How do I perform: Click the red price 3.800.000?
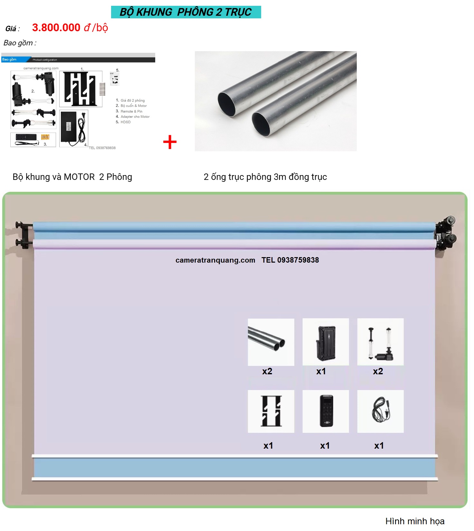coord(56,28)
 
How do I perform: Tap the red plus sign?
coord(170,142)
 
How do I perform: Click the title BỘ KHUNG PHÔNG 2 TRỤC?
coord(186,12)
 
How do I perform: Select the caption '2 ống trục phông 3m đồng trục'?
coord(265,177)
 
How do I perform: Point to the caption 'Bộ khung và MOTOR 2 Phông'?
coord(72,177)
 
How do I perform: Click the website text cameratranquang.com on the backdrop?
coord(215,260)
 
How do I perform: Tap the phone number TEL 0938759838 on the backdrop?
coord(290,260)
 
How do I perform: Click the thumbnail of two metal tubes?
coord(271,342)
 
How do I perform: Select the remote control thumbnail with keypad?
coord(326,411)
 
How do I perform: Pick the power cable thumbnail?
coord(380,411)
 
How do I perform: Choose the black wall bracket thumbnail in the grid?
coord(271,411)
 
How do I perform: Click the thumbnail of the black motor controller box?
coord(326,342)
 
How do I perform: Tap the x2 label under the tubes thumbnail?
coord(267,371)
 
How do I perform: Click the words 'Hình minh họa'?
coord(415,521)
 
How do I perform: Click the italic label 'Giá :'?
coord(12,29)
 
